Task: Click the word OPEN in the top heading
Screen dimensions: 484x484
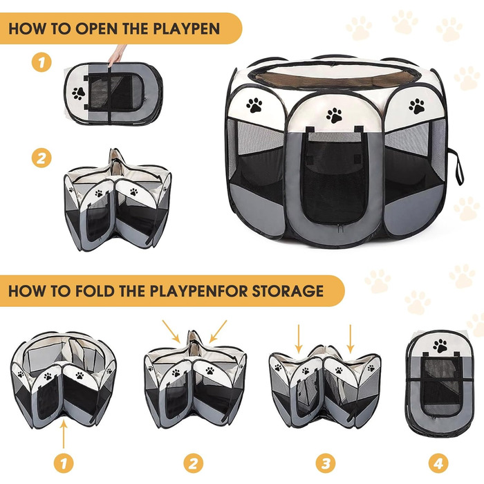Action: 97,28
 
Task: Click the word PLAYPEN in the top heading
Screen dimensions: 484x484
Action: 186,28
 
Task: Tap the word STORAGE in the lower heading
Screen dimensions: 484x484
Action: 288,291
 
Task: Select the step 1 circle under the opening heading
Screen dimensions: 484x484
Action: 41,62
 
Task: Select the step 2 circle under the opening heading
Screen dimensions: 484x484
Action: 41,158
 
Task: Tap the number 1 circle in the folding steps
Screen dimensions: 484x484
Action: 64,463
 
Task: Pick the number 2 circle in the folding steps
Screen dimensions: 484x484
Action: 194,463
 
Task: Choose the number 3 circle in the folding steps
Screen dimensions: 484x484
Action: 326,463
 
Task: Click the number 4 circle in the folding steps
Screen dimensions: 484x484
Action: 438,463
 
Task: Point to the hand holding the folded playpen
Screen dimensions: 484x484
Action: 117,55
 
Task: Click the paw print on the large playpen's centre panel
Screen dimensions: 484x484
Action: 334,115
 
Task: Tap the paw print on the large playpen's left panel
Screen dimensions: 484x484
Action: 254,105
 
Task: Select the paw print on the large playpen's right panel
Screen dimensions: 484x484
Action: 417,106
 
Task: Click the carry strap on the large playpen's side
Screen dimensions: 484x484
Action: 457,166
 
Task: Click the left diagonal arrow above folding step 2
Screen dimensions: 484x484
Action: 171,331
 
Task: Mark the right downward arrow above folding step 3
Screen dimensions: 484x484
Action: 350,339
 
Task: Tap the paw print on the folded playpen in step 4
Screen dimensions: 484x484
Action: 440,346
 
